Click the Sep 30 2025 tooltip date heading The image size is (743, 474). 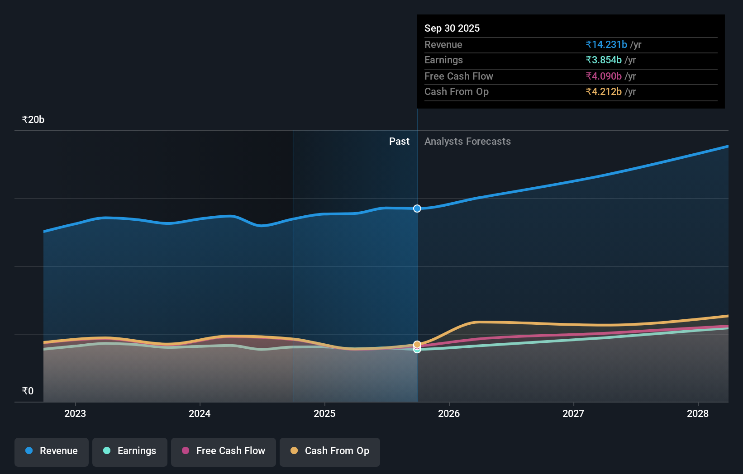click(452, 28)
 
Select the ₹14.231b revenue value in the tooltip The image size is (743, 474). click(606, 44)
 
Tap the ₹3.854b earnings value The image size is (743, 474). click(604, 60)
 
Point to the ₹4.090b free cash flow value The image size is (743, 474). click(604, 76)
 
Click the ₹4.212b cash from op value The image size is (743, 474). click(604, 91)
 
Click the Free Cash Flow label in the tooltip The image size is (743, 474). click(458, 76)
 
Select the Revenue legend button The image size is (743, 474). click(52, 451)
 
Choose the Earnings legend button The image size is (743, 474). click(130, 451)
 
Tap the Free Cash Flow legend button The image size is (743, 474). click(224, 451)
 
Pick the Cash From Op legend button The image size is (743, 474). click(330, 451)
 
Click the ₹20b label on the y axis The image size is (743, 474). click(33, 120)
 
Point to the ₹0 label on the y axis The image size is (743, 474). click(28, 391)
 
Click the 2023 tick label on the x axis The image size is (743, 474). click(75, 413)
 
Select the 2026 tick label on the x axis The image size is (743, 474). click(449, 413)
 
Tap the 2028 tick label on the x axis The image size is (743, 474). click(698, 413)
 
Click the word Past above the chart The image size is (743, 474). click(399, 141)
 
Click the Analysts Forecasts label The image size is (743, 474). click(467, 141)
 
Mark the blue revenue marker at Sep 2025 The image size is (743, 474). click(417, 209)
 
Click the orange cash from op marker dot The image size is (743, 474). click(417, 344)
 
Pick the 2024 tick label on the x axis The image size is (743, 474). click(200, 413)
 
